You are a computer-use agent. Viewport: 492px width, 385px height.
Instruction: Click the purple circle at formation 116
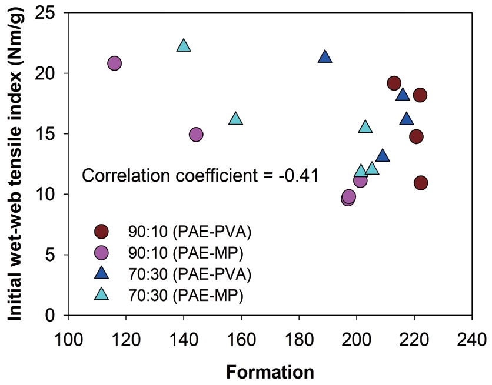(x=115, y=63)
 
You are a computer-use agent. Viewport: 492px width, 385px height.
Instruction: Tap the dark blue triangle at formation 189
(x=325, y=57)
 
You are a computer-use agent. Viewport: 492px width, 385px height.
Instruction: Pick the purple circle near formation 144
(x=196, y=135)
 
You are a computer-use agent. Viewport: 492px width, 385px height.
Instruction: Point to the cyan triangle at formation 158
(x=235, y=119)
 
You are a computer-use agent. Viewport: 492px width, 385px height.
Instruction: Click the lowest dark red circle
(x=421, y=183)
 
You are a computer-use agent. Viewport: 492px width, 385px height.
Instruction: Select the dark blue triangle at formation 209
(x=383, y=156)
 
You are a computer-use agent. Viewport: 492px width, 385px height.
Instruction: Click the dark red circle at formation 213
(x=394, y=83)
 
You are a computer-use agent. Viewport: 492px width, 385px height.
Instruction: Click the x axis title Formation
(x=270, y=372)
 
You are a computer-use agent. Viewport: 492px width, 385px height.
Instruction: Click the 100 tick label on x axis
(x=68, y=342)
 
